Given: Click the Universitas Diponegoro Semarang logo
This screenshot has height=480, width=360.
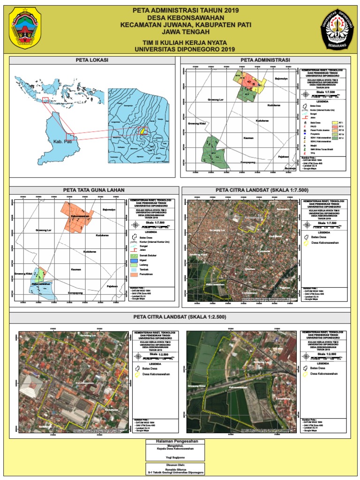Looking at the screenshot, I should (339, 28).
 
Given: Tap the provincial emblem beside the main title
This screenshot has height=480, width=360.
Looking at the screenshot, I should (25, 28).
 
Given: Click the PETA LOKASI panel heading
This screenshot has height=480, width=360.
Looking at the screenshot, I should (92, 60).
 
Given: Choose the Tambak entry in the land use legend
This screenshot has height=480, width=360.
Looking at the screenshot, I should (140, 270).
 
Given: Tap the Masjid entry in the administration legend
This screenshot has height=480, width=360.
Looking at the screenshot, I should (311, 146).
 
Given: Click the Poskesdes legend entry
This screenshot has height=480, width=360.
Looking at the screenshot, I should (311, 134).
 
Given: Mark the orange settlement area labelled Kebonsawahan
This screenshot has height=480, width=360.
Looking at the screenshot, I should (79, 217).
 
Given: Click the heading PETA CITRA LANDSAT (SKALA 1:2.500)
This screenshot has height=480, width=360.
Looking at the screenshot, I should (180, 318).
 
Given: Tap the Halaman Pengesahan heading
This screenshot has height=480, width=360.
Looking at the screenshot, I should (180, 442).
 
